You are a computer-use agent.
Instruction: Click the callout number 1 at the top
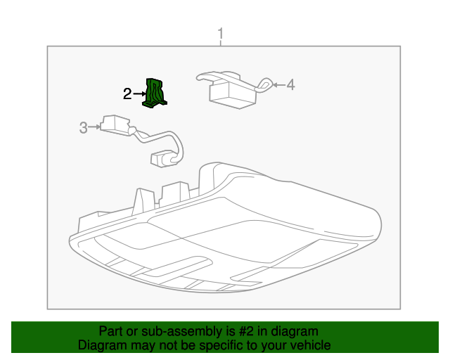[221, 34]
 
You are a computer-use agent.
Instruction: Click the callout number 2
[127, 94]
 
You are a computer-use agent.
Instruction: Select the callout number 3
[83, 127]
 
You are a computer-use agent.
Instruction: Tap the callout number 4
[290, 85]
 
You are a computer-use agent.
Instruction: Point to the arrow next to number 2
[139, 94]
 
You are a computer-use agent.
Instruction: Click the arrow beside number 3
[95, 127]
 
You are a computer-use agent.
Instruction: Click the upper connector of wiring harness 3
[112, 124]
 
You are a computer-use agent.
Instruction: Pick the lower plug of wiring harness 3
[162, 159]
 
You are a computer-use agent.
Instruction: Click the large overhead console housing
[225, 232]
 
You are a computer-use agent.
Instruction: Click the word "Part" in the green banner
[112, 331]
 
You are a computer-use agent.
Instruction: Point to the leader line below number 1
[221, 43]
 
